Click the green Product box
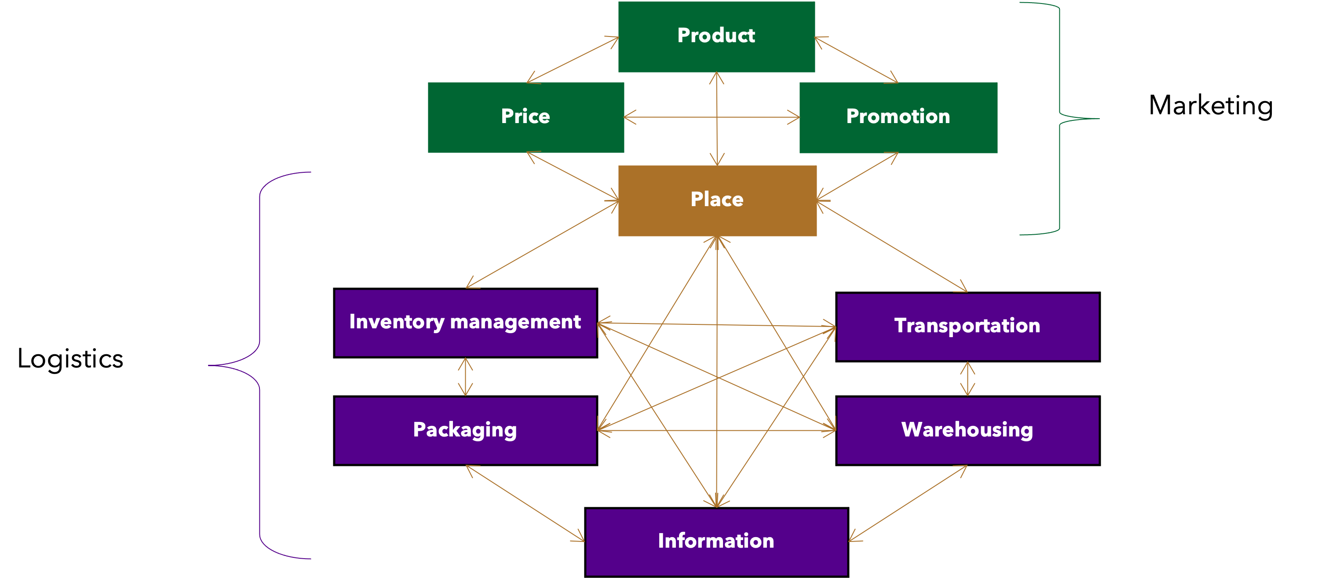tap(716, 36)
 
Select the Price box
tap(526, 117)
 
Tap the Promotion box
tap(898, 117)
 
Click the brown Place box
tap(717, 200)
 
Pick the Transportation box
tap(968, 327)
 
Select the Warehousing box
tap(968, 430)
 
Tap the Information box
tap(716, 542)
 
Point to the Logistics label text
tap(70, 359)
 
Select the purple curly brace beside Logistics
tap(259, 365)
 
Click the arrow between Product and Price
tap(572, 60)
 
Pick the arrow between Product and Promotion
tap(856, 60)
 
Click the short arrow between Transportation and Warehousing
tap(968, 379)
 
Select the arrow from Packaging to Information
tap(526, 503)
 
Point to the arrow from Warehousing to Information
tap(908, 503)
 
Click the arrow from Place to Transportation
tap(892, 247)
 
